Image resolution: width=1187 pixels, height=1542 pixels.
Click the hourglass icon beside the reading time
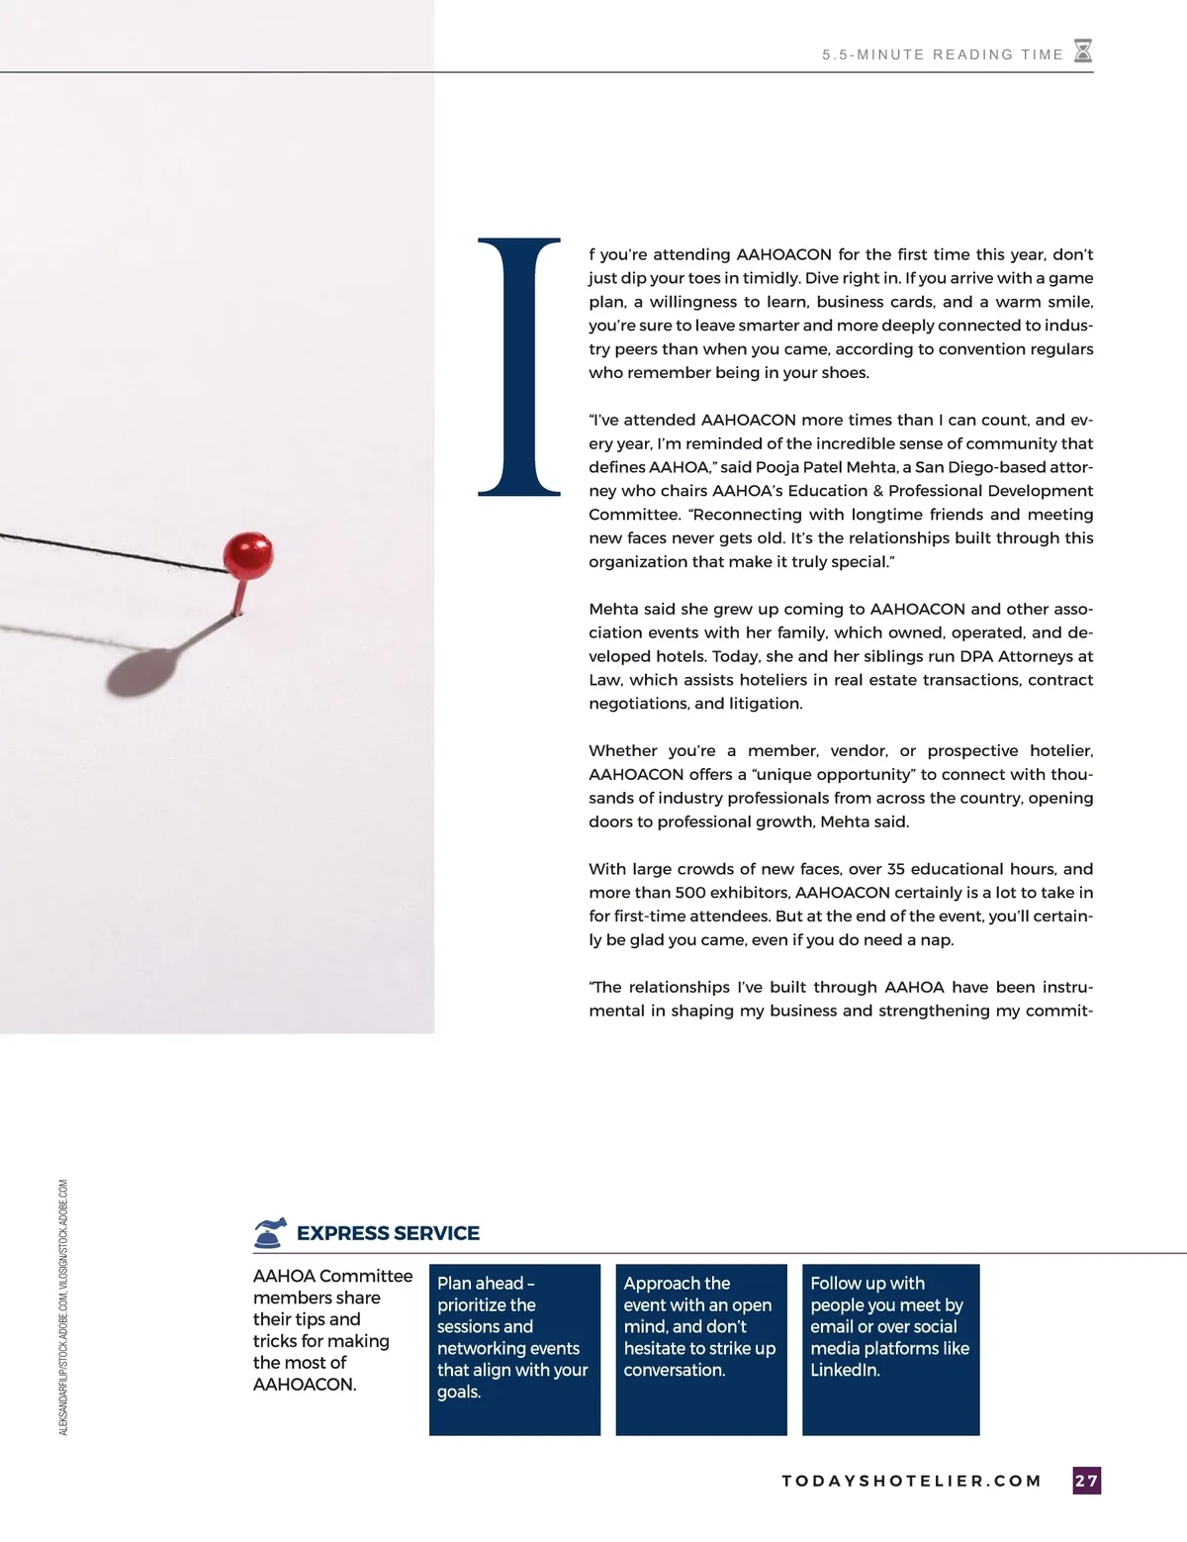1083,51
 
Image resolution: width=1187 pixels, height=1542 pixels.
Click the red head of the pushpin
247,554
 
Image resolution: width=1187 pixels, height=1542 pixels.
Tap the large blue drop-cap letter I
519,366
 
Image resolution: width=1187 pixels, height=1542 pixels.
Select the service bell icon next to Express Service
270,1232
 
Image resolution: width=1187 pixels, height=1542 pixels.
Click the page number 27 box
1086,1481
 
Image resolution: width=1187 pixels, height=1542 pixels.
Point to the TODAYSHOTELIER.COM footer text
911,1482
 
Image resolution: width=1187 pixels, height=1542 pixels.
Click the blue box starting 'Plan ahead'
514,1349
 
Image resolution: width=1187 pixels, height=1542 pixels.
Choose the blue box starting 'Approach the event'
700,1349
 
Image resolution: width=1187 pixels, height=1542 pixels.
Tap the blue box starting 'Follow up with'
890,1349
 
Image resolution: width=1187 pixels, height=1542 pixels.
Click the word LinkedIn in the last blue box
845,1371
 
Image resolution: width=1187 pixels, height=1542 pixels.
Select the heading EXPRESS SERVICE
388,1233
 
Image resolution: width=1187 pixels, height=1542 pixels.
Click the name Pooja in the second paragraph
777,467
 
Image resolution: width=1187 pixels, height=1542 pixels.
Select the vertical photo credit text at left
63,1306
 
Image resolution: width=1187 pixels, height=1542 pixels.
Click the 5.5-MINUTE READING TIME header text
942,54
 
